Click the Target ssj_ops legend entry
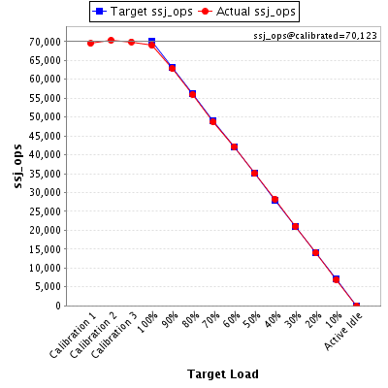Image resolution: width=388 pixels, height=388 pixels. point(143,12)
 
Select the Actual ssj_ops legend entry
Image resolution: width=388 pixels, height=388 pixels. point(247,12)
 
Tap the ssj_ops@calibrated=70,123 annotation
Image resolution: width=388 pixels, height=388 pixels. point(315,36)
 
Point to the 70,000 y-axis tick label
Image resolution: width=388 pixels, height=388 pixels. point(45,42)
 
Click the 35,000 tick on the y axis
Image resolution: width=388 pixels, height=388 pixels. point(45,174)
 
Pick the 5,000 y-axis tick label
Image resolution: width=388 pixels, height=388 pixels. point(48,287)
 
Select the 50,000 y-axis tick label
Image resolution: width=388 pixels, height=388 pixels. point(45,117)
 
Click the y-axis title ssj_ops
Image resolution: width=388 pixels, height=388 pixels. point(17,166)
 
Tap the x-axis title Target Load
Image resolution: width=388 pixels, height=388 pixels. point(223,374)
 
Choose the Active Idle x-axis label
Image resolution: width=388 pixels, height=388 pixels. point(343,332)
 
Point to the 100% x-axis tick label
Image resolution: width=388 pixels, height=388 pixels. point(147,323)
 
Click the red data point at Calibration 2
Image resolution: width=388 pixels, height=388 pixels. point(111,41)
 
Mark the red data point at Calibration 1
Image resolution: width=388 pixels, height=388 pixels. point(90,43)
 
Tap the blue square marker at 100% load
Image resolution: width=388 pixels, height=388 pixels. point(151,41)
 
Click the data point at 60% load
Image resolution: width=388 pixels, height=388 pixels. point(234,147)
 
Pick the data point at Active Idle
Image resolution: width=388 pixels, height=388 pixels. point(356,306)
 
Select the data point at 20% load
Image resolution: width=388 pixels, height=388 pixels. point(315,252)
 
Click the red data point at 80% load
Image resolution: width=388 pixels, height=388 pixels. point(193,94)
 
